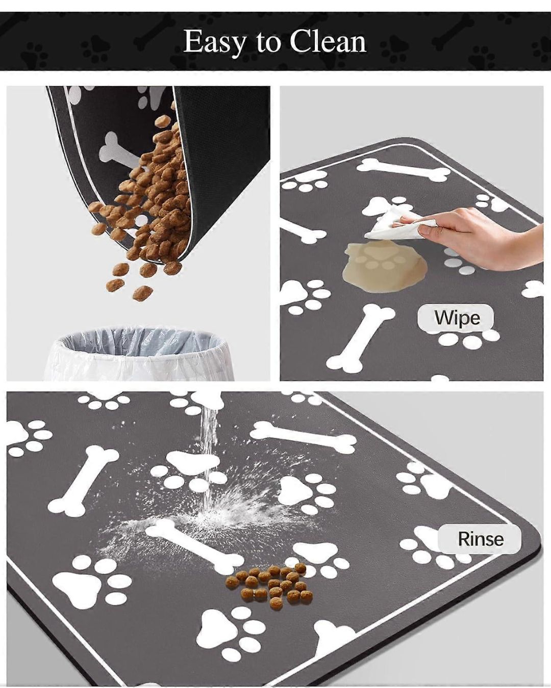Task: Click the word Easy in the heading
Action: coord(214,42)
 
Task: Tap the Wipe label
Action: coord(457,318)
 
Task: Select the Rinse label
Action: coord(480,539)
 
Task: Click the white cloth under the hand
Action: coord(393,225)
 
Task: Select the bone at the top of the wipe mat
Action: coord(403,171)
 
